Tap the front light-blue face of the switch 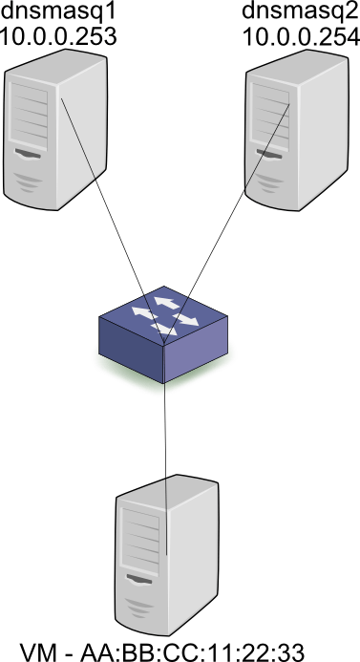196,358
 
